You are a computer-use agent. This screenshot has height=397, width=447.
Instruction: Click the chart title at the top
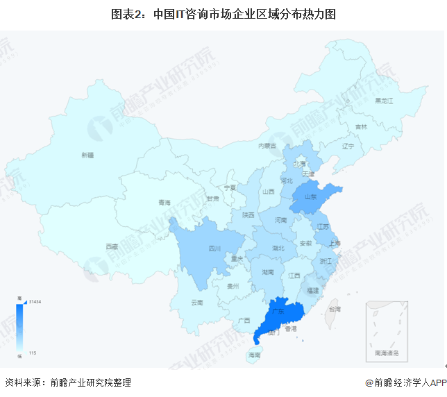(x=223, y=13)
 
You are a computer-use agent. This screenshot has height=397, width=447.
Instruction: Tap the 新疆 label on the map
(x=87, y=155)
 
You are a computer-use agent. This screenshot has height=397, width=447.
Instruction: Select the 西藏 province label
(x=111, y=246)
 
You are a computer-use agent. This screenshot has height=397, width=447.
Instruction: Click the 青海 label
(x=164, y=203)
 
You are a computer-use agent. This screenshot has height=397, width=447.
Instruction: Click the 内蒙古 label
(x=267, y=146)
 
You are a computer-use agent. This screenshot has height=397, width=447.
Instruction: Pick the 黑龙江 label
(x=384, y=101)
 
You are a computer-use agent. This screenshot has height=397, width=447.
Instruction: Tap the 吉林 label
(x=361, y=127)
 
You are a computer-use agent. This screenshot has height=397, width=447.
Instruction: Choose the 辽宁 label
(x=348, y=146)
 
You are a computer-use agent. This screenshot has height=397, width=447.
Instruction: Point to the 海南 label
(x=255, y=355)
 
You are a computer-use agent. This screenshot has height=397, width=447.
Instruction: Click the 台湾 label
(x=335, y=307)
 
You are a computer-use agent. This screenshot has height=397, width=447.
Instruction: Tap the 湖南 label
(x=267, y=271)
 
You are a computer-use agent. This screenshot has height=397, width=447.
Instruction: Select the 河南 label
(x=280, y=220)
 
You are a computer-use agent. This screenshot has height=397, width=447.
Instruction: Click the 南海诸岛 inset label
(x=391, y=353)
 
